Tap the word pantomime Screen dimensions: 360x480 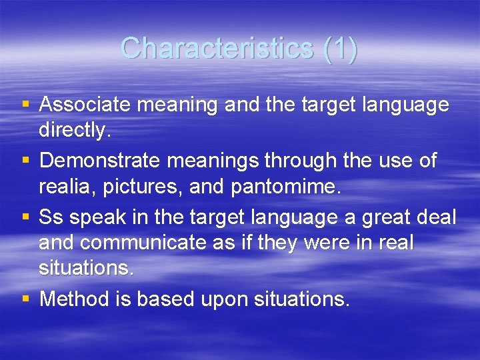285,187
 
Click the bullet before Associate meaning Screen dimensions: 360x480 25,105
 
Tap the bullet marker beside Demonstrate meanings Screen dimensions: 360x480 25,161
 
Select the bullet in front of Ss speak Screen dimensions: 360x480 25,217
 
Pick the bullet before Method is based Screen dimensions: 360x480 25,299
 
